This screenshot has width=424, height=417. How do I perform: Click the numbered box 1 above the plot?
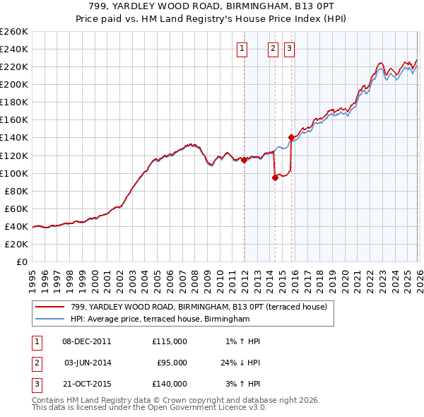[242, 49]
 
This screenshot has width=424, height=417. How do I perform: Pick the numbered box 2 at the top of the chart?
[273, 49]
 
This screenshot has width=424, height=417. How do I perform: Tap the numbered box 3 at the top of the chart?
[290, 49]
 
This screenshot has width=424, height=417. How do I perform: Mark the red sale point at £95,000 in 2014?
[275, 177]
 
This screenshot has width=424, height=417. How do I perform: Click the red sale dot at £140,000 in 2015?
[292, 137]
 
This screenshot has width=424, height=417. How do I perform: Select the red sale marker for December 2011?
[244, 160]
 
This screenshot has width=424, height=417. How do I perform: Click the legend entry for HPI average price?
[160, 319]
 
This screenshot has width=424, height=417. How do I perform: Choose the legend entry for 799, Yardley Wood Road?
[199, 307]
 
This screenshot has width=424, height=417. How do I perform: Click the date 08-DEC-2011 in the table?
[87, 341]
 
